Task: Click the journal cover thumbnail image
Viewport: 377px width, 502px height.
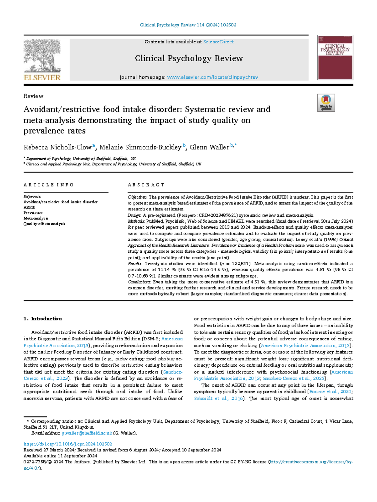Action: pyautogui.click(x=335, y=58)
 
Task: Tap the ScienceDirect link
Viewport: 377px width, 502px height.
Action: pyautogui.click(x=218, y=42)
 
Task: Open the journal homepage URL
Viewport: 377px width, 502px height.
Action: pyautogui.click(x=212, y=77)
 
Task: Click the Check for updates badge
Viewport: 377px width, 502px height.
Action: pyautogui.click(x=326, y=103)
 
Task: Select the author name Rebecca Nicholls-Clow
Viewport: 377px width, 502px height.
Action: pyautogui.click(x=58, y=147)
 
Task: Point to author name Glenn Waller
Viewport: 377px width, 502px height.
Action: pyautogui.click(x=209, y=147)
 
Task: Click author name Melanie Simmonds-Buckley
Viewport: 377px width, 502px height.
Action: pyautogui.click(x=140, y=147)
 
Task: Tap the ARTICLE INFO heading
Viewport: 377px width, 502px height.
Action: pyautogui.click(x=49, y=185)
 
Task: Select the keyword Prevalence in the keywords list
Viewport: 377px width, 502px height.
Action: pyautogui.click(x=33, y=213)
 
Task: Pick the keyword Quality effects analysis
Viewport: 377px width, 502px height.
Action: pyautogui.click(x=44, y=224)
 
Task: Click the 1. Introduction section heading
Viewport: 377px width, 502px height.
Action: pyautogui.click(x=43, y=319)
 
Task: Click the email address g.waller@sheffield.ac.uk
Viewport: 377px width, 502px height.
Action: pyautogui.click(x=87, y=433)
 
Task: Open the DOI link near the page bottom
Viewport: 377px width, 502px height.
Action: pyautogui.click(x=68, y=444)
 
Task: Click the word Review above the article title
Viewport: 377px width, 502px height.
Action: pyautogui.click(x=33, y=96)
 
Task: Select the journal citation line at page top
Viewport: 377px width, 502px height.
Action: pyautogui.click(x=188, y=25)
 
